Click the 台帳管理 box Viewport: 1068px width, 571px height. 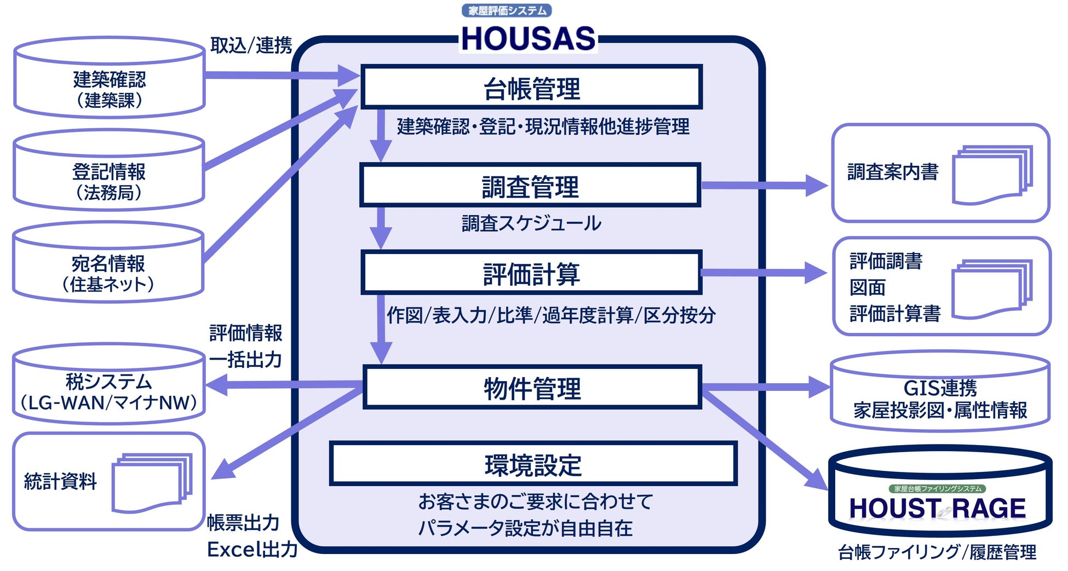(x=531, y=88)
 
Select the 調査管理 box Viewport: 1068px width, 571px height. (x=530, y=186)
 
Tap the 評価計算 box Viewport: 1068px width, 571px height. (x=531, y=273)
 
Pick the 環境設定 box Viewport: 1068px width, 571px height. (x=533, y=464)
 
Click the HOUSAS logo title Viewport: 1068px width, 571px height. (x=528, y=38)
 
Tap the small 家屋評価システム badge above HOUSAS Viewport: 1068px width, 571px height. (x=507, y=10)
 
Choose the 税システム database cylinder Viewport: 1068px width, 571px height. (x=108, y=386)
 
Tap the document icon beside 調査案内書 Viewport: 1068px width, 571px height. (x=992, y=175)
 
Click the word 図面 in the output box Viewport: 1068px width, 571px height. (x=868, y=287)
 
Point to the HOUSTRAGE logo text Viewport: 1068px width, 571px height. (x=937, y=508)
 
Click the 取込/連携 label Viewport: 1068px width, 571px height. (x=251, y=45)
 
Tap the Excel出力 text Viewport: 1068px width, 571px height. (x=252, y=549)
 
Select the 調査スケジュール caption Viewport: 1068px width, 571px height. (x=531, y=223)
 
